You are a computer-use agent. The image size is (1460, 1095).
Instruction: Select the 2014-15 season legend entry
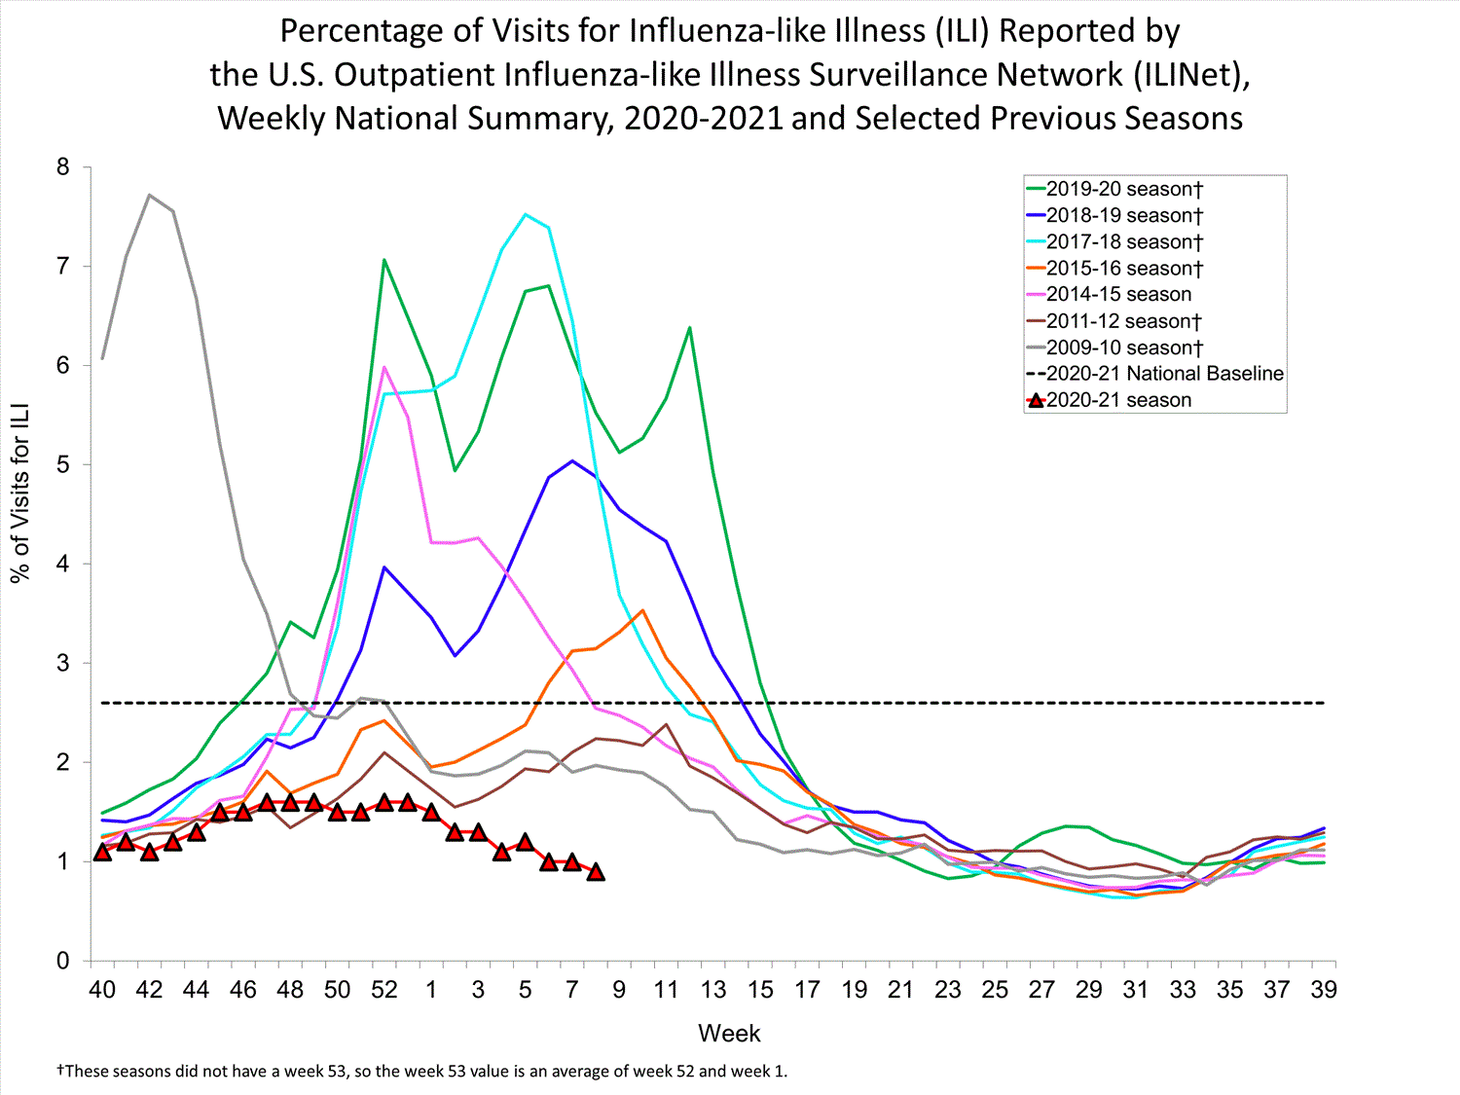tap(1118, 294)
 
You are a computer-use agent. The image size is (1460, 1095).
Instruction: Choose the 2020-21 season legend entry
tap(1118, 400)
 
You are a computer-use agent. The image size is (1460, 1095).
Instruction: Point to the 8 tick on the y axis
tap(63, 167)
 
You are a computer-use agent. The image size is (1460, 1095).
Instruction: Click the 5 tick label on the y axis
tap(63, 465)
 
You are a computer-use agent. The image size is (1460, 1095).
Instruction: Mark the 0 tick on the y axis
tap(63, 961)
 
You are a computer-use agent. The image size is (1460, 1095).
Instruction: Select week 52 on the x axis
tap(384, 990)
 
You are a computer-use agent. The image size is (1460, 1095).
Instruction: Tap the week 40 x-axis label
tap(102, 990)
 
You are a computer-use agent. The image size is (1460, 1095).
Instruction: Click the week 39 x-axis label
tap(1324, 990)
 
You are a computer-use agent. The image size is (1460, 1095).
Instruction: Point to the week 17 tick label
tap(807, 990)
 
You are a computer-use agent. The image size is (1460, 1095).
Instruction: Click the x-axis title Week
tap(729, 1034)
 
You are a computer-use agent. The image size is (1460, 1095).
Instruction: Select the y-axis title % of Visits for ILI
tap(20, 493)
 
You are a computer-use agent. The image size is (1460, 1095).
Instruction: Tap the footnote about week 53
tap(422, 1072)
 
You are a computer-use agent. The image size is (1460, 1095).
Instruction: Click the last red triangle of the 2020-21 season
tap(596, 872)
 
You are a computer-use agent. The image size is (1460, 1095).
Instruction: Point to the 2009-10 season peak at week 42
tap(149, 195)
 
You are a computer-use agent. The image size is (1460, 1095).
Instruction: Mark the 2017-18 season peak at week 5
tap(526, 214)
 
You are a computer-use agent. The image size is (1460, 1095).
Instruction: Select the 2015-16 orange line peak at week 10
tap(642, 610)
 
